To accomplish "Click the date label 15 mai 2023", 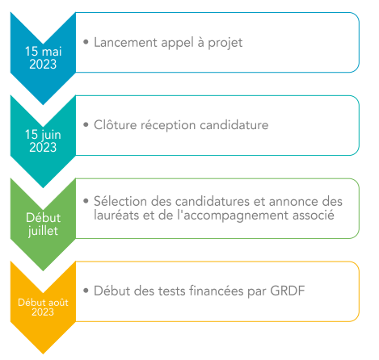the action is pos(43,58).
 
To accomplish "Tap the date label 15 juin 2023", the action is pos(43,140).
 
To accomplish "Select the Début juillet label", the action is pos(43,224).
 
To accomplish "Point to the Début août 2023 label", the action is pos(43,308).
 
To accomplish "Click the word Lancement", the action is pos(125,43).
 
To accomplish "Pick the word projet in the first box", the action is pos(225,43).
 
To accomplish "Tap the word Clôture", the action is pos(116,125).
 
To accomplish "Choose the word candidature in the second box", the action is pos(234,125).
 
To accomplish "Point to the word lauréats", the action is pos(116,215).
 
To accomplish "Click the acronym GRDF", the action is pos(288,291).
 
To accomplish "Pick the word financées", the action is pos(217,291).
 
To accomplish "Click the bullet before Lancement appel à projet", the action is pos(86,42).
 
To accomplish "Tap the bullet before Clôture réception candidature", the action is pos(86,124).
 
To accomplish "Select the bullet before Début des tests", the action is pos(86,291).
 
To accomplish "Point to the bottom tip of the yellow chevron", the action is pos(43,354).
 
